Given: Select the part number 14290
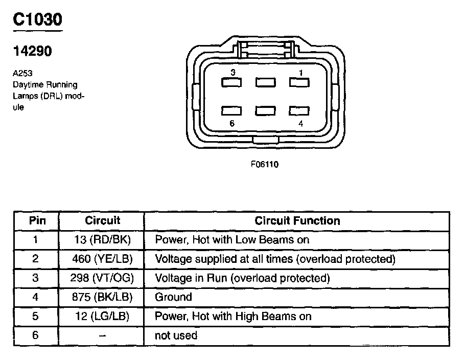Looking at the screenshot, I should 32,52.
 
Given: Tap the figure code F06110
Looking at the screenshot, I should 264,165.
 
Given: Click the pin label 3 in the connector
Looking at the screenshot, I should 232,73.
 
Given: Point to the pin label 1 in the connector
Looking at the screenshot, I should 301,73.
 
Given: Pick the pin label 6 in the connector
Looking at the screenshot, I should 232,123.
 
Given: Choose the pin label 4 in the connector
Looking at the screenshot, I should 301,123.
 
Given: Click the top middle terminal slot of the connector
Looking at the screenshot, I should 265,82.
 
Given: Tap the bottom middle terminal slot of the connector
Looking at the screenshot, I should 265,110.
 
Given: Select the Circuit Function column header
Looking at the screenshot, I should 297,221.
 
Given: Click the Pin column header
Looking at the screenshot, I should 36,221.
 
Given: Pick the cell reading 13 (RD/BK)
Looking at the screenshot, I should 102,240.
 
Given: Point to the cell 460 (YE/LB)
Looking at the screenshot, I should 102,259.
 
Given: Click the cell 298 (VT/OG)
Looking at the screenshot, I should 102,278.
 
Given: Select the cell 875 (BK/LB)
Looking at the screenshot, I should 102,297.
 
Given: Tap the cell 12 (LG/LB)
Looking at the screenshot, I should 102,317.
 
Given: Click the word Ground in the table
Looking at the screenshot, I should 173,297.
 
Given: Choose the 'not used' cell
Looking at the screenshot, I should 176,336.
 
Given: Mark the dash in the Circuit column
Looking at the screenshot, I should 102,336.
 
